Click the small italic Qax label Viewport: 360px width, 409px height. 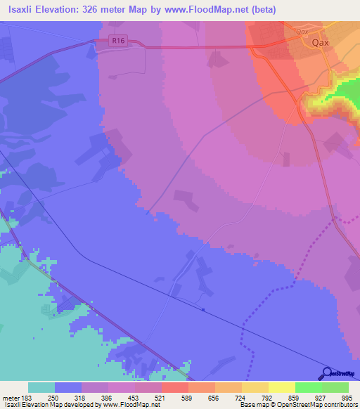point(303,32)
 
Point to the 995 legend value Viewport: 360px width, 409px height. point(347,398)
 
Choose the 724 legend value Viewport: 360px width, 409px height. point(241,398)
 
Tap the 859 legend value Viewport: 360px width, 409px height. point(294,398)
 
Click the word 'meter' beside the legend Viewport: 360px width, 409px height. point(10,398)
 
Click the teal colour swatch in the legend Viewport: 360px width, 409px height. point(41,387)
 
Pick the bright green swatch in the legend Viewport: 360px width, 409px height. point(309,387)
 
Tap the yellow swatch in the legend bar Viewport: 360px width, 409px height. point(282,387)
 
